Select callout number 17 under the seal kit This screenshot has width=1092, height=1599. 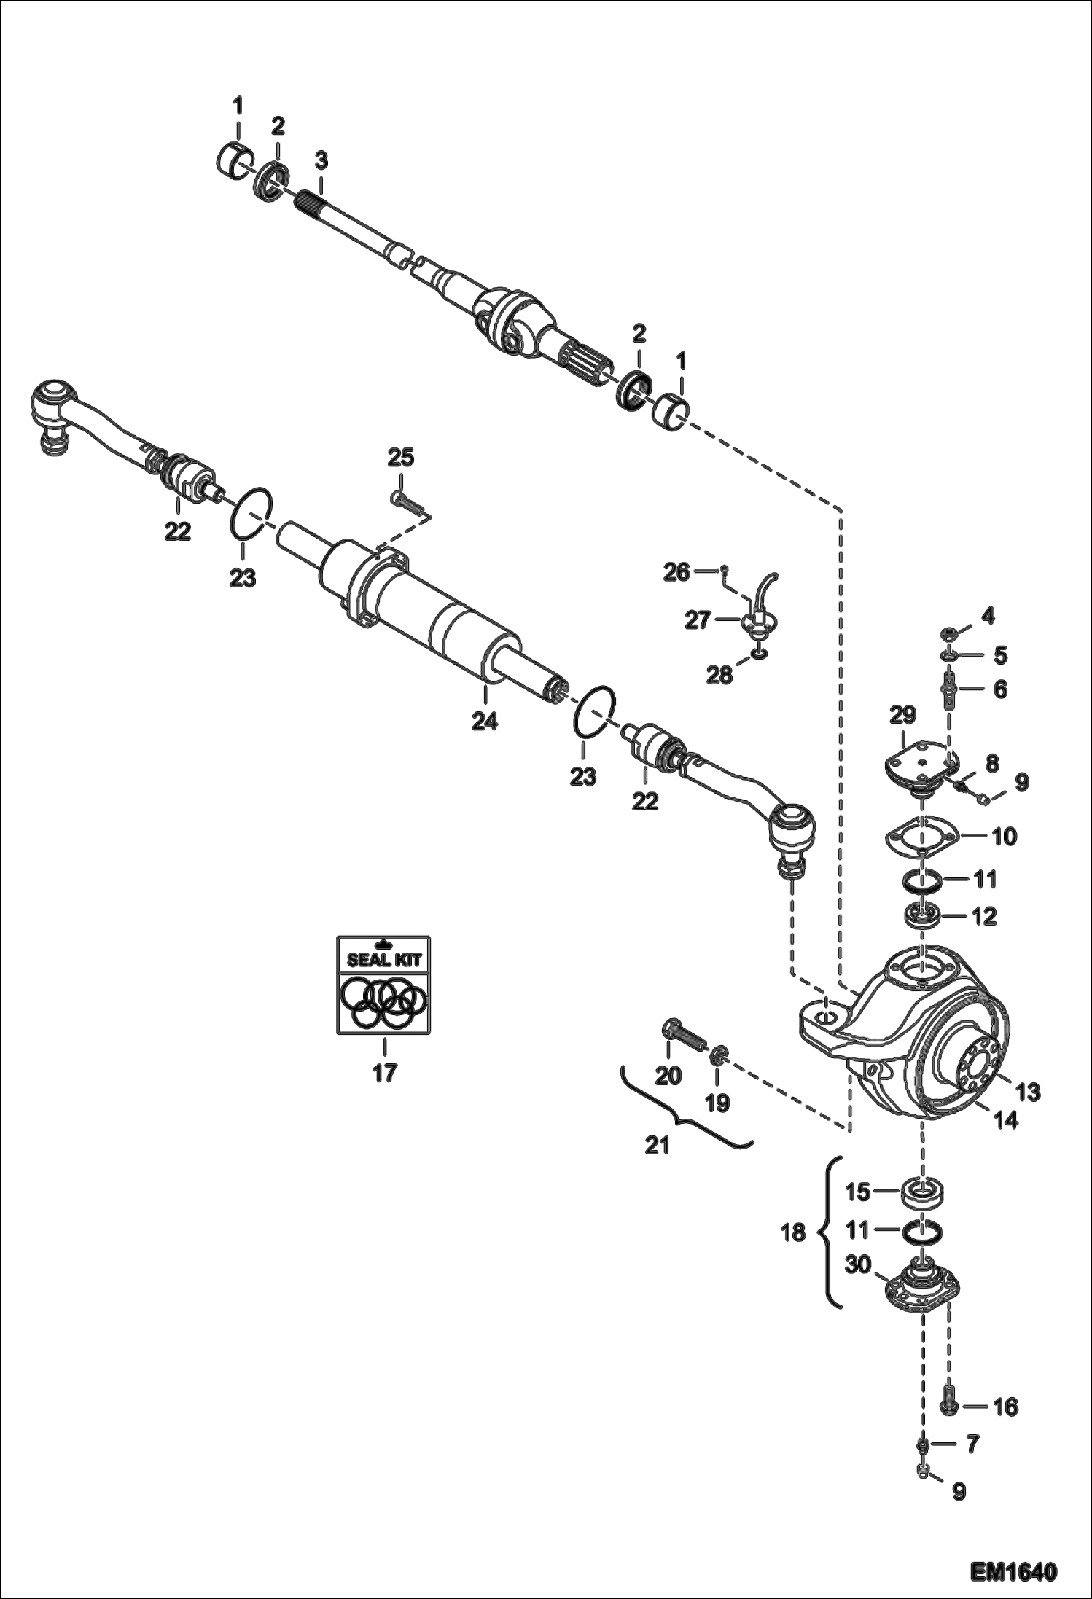tap(384, 1073)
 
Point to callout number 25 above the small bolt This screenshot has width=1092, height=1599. tap(400, 458)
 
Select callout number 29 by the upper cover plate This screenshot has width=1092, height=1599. tap(902, 716)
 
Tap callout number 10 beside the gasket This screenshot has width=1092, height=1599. tap(1005, 836)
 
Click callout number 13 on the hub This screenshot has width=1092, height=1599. tap(1028, 1092)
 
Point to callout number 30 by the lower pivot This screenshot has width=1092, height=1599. tap(858, 1265)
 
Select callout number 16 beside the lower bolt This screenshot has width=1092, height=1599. tap(1006, 1407)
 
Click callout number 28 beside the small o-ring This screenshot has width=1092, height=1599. tap(719, 676)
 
